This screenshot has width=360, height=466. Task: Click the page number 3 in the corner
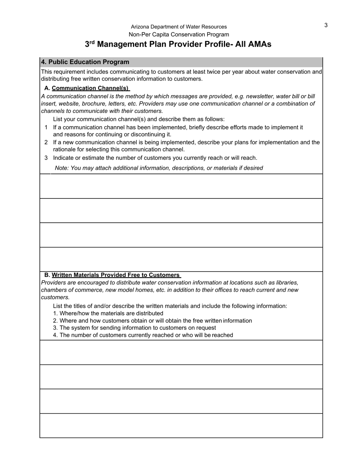coord(326,25)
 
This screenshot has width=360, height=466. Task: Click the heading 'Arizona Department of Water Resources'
coord(179,27)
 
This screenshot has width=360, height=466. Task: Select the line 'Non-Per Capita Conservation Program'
coord(179,34)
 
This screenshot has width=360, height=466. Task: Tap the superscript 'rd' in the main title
coord(92,42)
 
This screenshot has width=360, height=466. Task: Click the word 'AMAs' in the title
coord(259,44)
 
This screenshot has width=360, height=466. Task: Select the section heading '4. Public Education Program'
coord(85,62)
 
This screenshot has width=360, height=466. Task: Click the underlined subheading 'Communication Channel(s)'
coord(91,88)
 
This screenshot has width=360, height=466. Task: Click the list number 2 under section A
coord(46,142)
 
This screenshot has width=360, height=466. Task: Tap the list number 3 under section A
coord(46,158)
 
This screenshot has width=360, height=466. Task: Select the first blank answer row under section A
coord(181,186)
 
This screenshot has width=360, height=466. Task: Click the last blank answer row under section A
coord(181,259)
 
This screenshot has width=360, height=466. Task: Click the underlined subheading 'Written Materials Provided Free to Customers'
coord(116,275)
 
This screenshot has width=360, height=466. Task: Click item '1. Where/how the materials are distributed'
coord(108,313)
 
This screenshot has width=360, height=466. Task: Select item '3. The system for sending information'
coord(135,328)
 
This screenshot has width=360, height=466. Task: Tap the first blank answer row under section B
coord(181,352)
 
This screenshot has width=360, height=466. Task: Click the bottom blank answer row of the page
coord(181,425)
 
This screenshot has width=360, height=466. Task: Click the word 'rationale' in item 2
coord(64,150)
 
